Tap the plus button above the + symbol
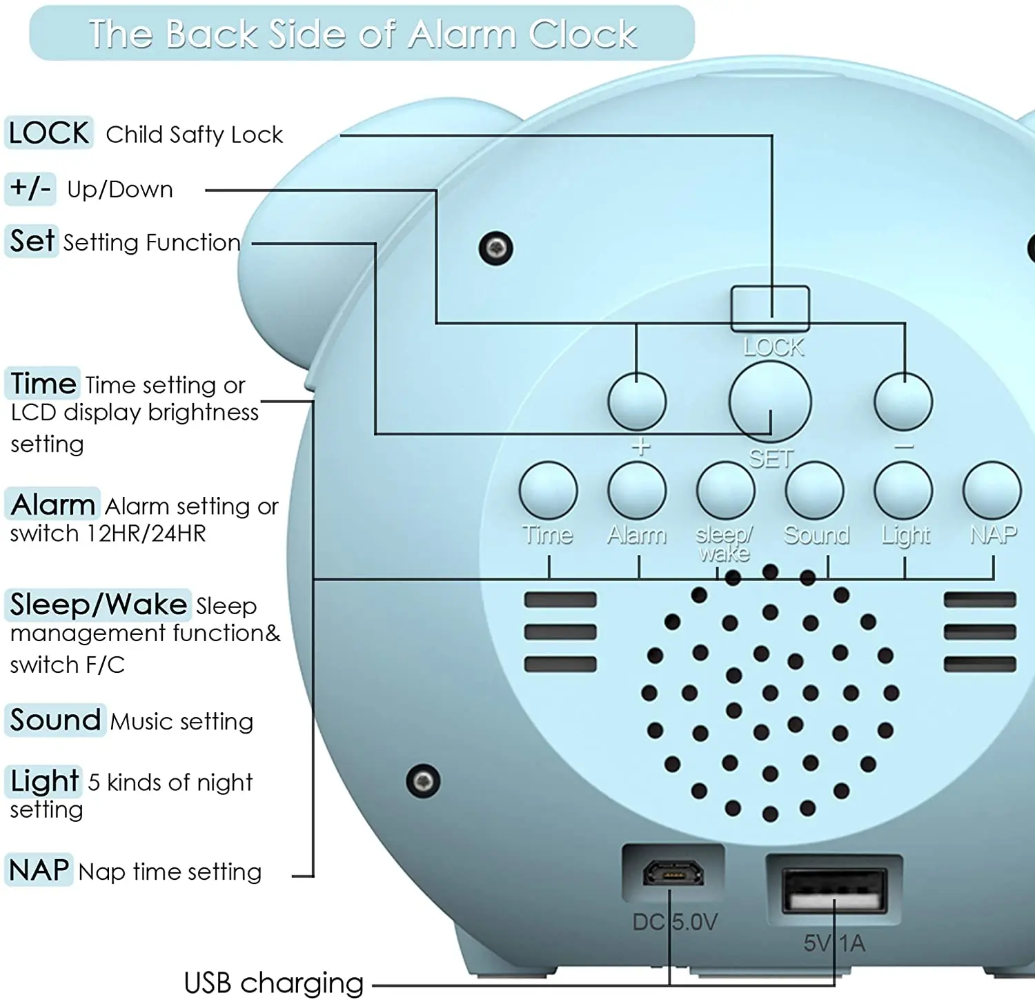point(637,402)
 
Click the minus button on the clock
point(903,402)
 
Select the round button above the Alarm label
point(637,491)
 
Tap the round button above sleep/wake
point(726,491)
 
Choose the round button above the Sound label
point(815,491)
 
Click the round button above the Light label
point(903,491)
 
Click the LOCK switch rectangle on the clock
point(770,308)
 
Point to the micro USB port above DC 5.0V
point(673,872)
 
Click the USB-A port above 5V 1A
point(834,891)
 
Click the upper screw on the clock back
point(495,248)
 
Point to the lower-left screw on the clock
point(423,781)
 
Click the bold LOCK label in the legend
point(49,132)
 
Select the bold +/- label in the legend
point(30,188)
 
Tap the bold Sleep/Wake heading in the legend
point(98,605)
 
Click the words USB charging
point(273,983)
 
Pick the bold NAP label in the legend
point(39,870)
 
